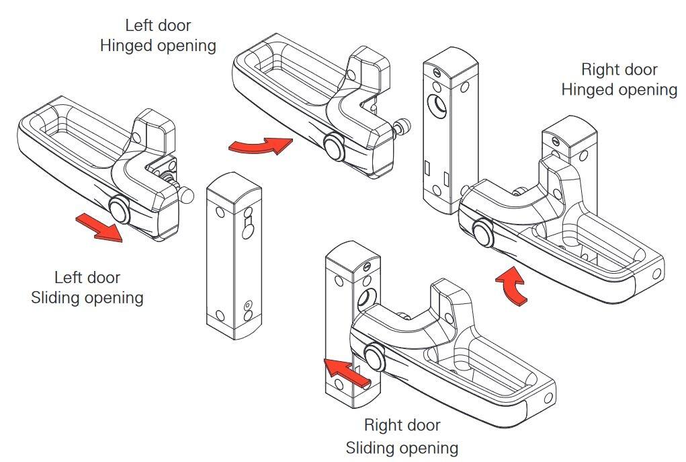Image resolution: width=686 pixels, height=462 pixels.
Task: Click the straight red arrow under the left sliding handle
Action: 99,227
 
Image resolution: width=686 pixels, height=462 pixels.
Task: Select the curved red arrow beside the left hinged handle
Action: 261,145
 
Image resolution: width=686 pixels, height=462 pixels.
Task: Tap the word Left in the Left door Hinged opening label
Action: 138,26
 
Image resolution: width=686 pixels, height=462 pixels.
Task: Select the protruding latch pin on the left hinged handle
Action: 403,126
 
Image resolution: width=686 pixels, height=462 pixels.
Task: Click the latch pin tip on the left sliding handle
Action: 188,194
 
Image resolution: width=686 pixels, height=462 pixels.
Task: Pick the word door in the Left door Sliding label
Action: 104,277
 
